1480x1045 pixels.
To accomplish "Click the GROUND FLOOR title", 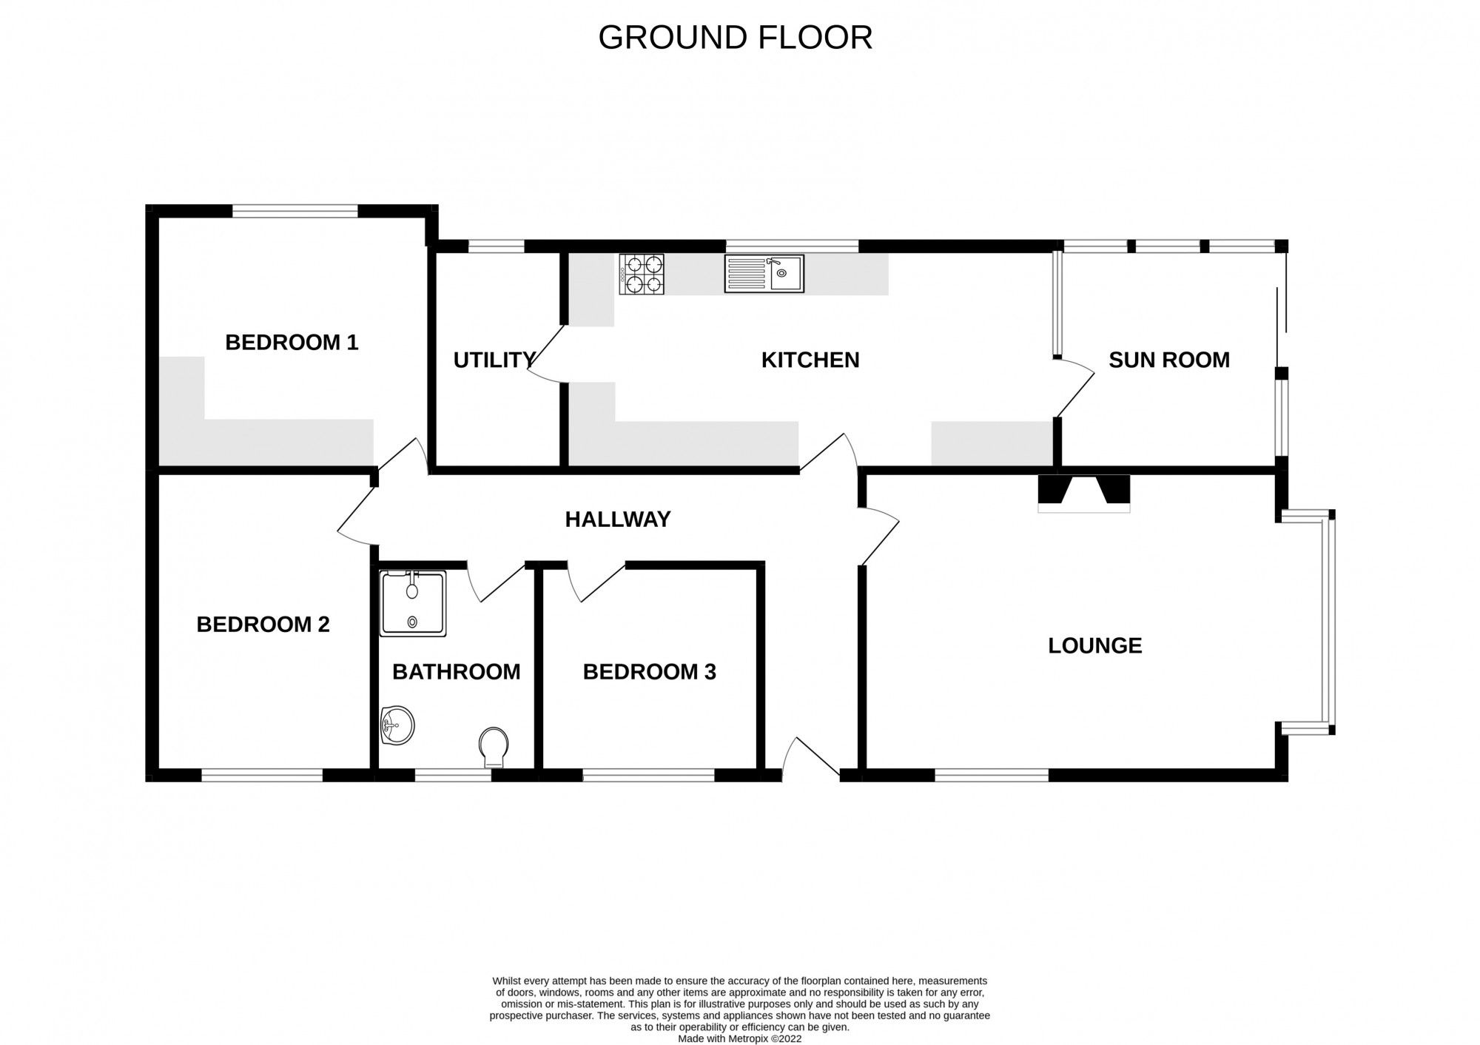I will click(x=735, y=38).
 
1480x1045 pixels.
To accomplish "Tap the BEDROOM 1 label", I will click(x=292, y=343).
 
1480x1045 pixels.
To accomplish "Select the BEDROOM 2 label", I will click(x=263, y=625).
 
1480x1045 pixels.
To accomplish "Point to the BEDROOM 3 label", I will click(x=649, y=672).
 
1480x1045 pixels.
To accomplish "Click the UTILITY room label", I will click(x=494, y=360).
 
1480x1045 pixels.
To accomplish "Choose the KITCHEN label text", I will click(x=810, y=360).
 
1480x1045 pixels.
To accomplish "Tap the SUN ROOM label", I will click(x=1168, y=360).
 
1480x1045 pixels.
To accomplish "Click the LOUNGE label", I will click(x=1094, y=646).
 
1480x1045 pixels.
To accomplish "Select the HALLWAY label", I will click(x=618, y=520).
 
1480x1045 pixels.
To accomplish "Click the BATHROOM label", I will click(x=456, y=672).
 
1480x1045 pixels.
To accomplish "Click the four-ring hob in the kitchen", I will click(x=641, y=275).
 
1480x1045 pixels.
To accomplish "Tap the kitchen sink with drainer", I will click(x=764, y=274).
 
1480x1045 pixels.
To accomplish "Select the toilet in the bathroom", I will click(x=493, y=746).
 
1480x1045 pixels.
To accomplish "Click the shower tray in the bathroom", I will click(x=413, y=603).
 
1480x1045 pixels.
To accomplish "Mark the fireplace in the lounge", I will click(x=1084, y=492).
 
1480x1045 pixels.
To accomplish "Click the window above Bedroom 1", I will click(x=295, y=211).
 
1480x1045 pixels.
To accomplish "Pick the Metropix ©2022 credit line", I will click(x=739, y=1038).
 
